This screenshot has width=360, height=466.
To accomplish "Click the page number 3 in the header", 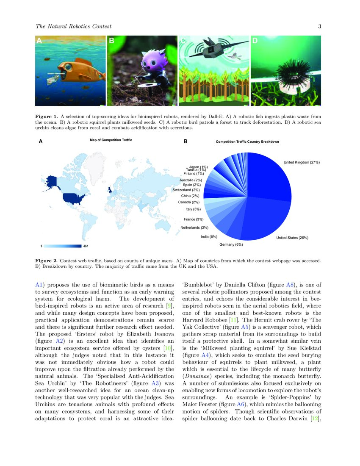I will click(320, 27).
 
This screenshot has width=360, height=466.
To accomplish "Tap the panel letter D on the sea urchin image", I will click(255, 41).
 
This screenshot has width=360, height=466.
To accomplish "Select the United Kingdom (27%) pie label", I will click(301, 162).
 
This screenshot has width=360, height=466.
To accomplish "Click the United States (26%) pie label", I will click(292, 238).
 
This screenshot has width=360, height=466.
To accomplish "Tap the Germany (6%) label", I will click(231, 245).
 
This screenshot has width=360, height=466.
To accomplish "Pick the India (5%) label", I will click(209, 236).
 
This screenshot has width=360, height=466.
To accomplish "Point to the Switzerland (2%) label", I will click(186, 190).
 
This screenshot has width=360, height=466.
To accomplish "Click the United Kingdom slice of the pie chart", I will click(271, 178).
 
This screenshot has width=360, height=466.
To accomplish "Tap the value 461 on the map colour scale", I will click(86, 246).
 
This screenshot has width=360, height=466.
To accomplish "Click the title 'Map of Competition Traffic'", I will click(108, 140).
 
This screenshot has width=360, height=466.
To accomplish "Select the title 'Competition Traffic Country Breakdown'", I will click(247, 141).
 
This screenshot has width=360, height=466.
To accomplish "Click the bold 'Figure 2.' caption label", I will click(46, 258).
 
